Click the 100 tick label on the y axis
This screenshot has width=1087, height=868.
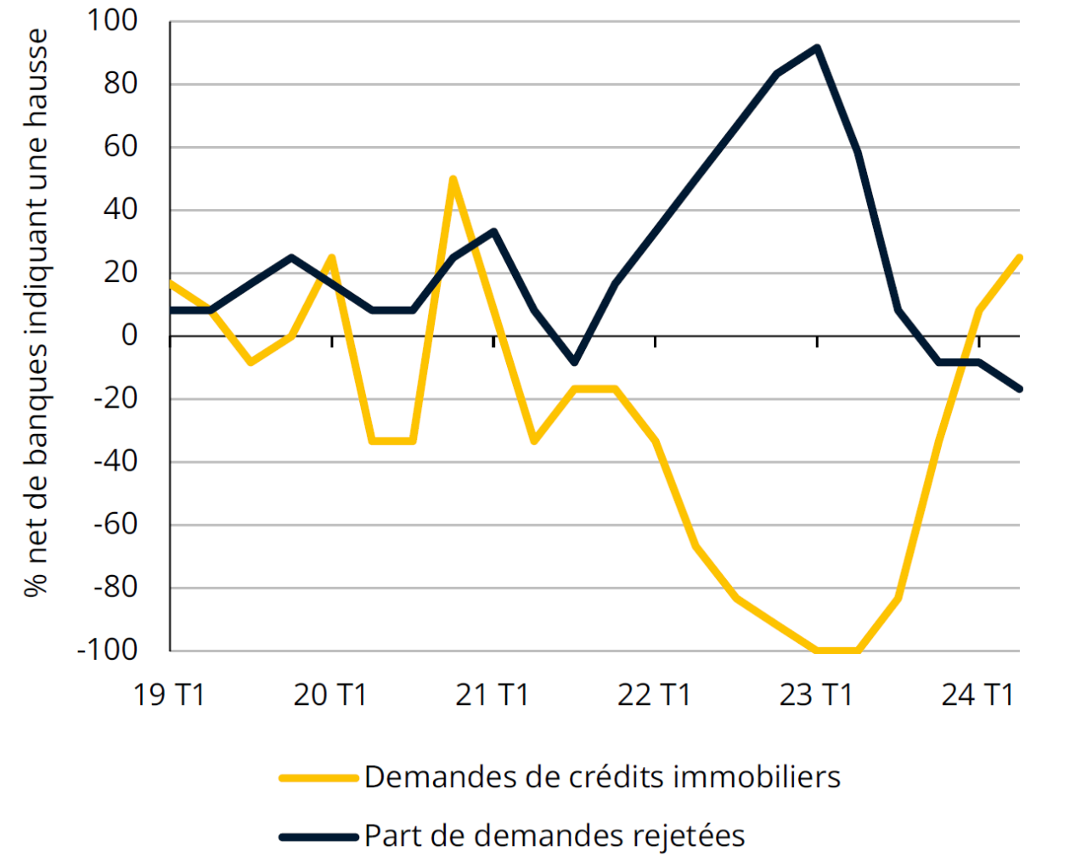click(x=112, y=21)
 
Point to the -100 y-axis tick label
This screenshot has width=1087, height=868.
click(x=107, y=651)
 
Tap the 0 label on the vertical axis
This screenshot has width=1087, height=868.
click(x=129, y=336)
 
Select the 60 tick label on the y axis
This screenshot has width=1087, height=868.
click(x=121, y=147)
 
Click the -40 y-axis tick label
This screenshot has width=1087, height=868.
click(x=115, y=462)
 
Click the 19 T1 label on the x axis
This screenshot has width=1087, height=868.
click(x=170, y=695)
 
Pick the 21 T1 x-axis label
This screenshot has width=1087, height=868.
click(x=493, y=695)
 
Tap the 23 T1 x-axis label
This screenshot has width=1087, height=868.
click(x=816, y=695)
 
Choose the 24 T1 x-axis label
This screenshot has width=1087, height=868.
click(x=978, y=695)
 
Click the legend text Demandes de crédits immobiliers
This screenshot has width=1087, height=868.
click(x=602, y=777)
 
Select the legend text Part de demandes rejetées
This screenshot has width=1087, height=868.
click(x=555, y=836)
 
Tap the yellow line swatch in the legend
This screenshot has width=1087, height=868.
click(x=318, y=777)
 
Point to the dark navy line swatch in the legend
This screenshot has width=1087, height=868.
click(x=318, y=837)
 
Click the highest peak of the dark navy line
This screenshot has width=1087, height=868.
click(x=817, y=48)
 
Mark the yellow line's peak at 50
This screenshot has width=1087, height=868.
click(x=453, y=179)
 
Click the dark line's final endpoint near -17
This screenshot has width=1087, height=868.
click(x=1019, y=389)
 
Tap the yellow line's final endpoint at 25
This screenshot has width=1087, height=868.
click(x=1019, y=257)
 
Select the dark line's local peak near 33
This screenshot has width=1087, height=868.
click(x=493, y=231)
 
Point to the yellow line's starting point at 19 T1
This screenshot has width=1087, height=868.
click(x=171, y=283)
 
